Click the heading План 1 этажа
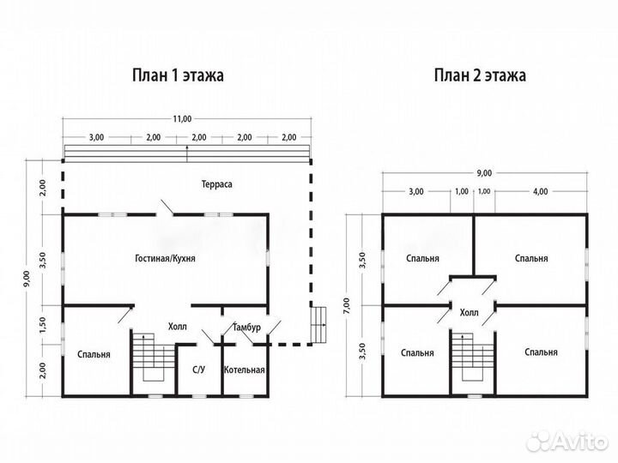[177, 75]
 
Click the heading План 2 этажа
[480, 75]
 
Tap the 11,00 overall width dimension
[181, 119]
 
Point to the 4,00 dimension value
[540, 191]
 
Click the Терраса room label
[217, 184]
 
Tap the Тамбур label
[247, 328]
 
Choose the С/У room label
[197, 370]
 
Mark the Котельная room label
[245, 370]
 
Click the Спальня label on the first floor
[93, 353]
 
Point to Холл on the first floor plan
[178, 327]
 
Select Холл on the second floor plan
[470, 313]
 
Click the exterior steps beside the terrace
[320, 323]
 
